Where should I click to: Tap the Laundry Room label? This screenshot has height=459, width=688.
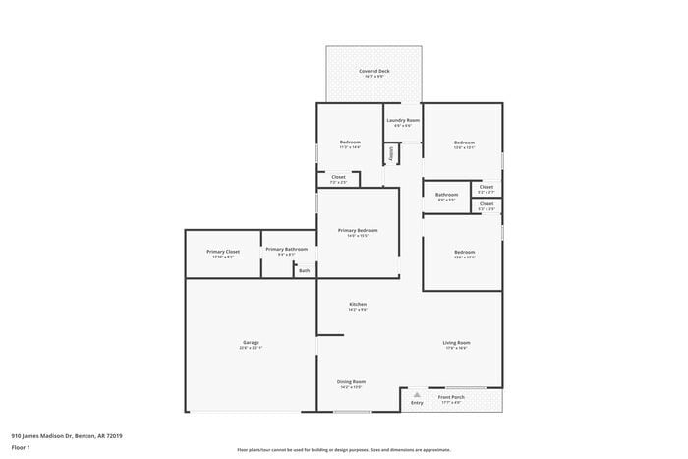click(x=403, y=120)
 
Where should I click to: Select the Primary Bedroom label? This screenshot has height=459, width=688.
click(x=358, y=230)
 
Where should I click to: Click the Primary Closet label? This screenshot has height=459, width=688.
click(x=223, y=251)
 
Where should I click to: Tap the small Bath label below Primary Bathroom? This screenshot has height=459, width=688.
click(x=305, y=270)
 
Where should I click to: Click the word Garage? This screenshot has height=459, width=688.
click(x=252, y=342)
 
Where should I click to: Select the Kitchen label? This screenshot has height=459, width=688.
click(x=358, y=305)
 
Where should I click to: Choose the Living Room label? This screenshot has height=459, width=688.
click(x=456, y=342)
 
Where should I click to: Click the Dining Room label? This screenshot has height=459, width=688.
click(x=352, y=381)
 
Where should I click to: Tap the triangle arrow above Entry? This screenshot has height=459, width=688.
click(x=416, y=394)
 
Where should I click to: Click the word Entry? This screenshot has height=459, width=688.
click(x=417, y=402)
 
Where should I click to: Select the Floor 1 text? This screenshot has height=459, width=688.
click(x=21, y=447)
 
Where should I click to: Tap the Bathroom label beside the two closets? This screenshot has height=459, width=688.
click(x=447, y=195)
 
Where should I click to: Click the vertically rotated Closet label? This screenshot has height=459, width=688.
click(x=391, y=154)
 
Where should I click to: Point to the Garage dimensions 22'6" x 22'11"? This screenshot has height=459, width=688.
click(x=252, y=348)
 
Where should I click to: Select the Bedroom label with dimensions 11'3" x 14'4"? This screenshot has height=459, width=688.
click(x=350, y=142)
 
